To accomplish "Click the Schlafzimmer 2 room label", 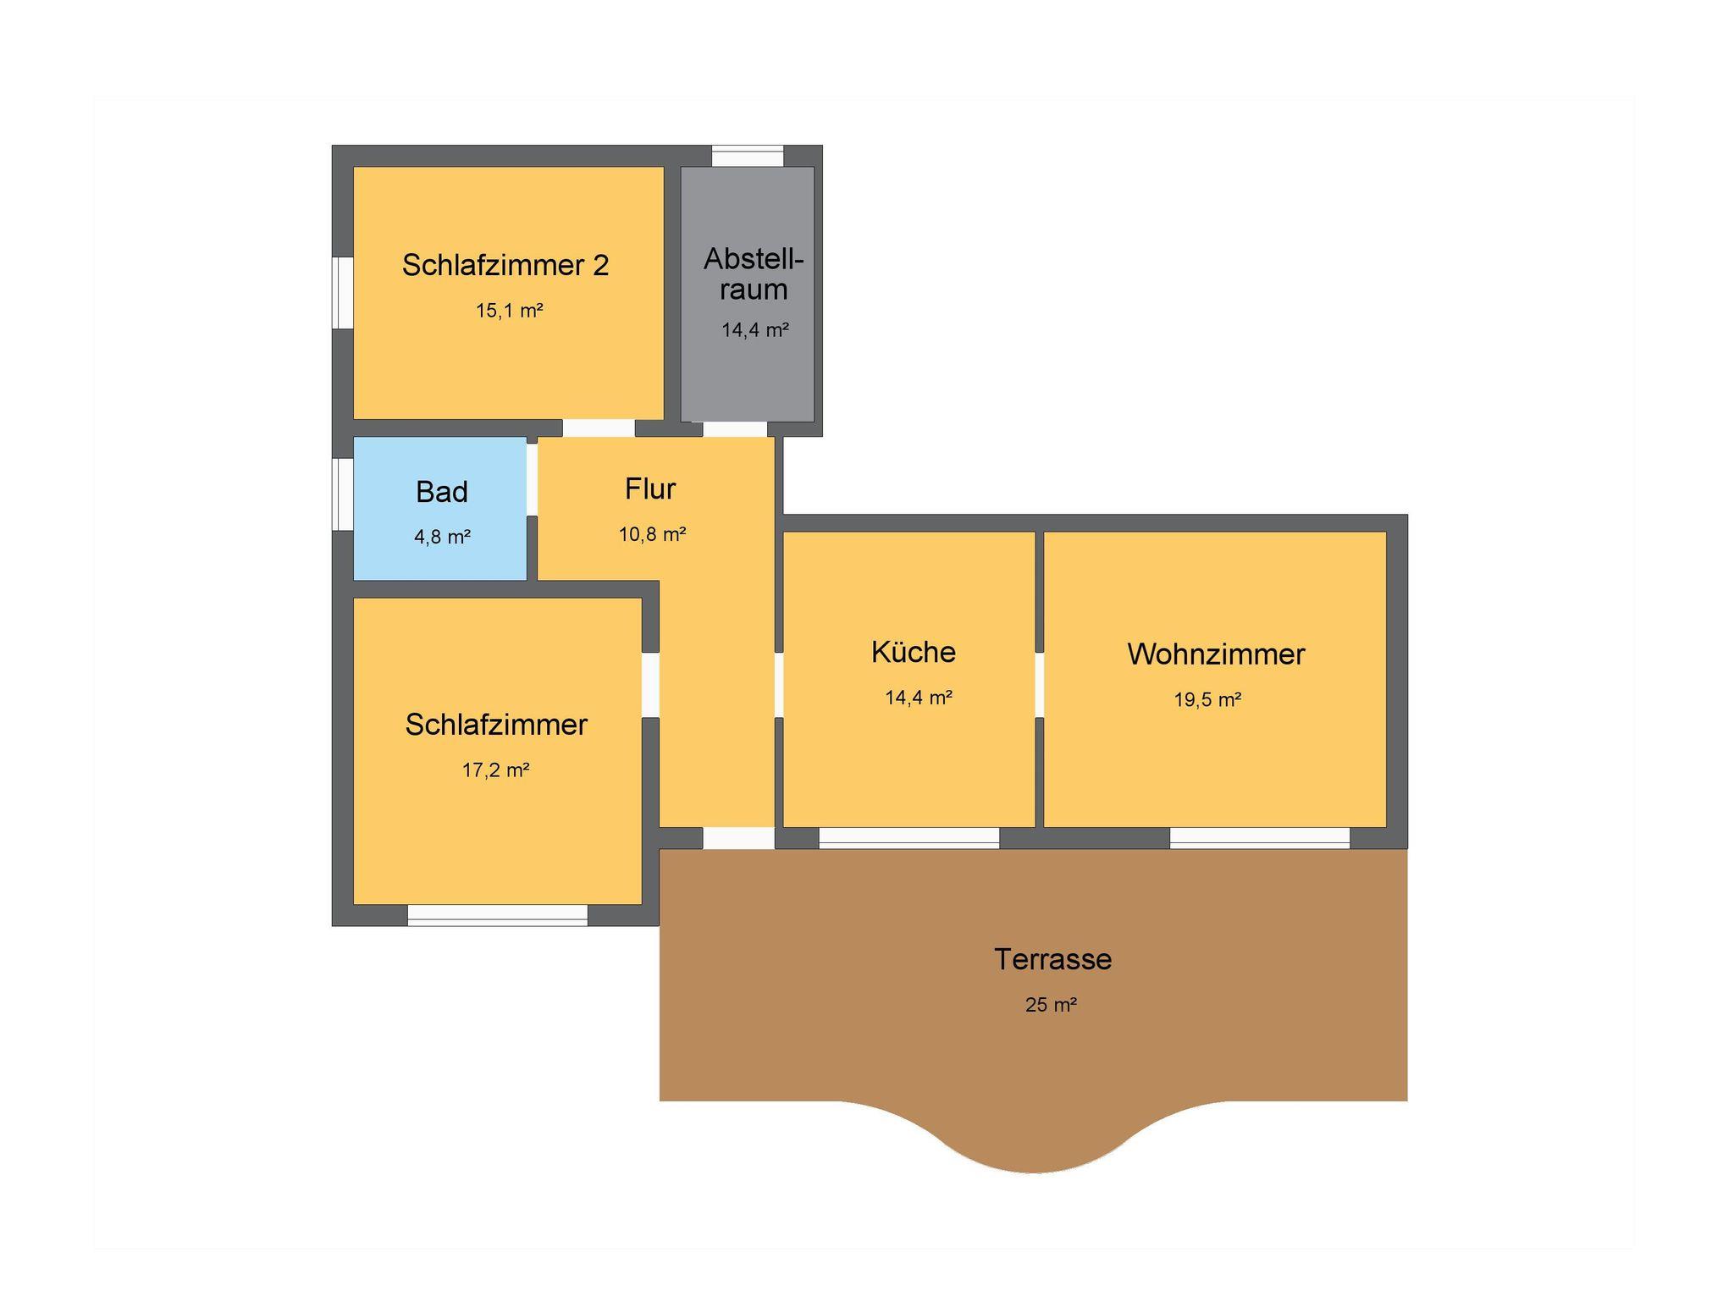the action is [x=505, y=265].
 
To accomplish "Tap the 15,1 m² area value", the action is [x=509, y=311].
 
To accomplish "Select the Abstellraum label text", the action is [x=754, y=273].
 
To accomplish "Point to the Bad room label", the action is [x=442, y=492].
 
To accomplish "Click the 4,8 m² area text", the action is [x=442, y=537].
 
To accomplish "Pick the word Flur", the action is [x=650, y=488].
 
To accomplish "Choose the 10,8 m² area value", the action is [x=652, y=534].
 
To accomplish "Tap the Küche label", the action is [x=914, y=652].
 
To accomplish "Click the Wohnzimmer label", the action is [x=1216, y=654].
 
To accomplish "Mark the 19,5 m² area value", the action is [x=1207, y=700].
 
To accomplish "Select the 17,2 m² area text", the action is [x=495, y=770].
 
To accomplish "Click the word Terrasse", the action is [x=1052, y=959].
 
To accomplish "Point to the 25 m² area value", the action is [x=1051, y=1005].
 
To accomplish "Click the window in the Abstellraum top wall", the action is [x=748, y=156].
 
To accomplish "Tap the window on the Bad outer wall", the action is [x=342, y=494].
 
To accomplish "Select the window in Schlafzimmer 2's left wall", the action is [x=342, y=292].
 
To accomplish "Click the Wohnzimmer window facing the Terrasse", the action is [x=1260, y=838].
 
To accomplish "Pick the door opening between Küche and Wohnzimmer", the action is [x=1039, y=685].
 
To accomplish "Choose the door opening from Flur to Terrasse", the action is [x=738, y=838].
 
